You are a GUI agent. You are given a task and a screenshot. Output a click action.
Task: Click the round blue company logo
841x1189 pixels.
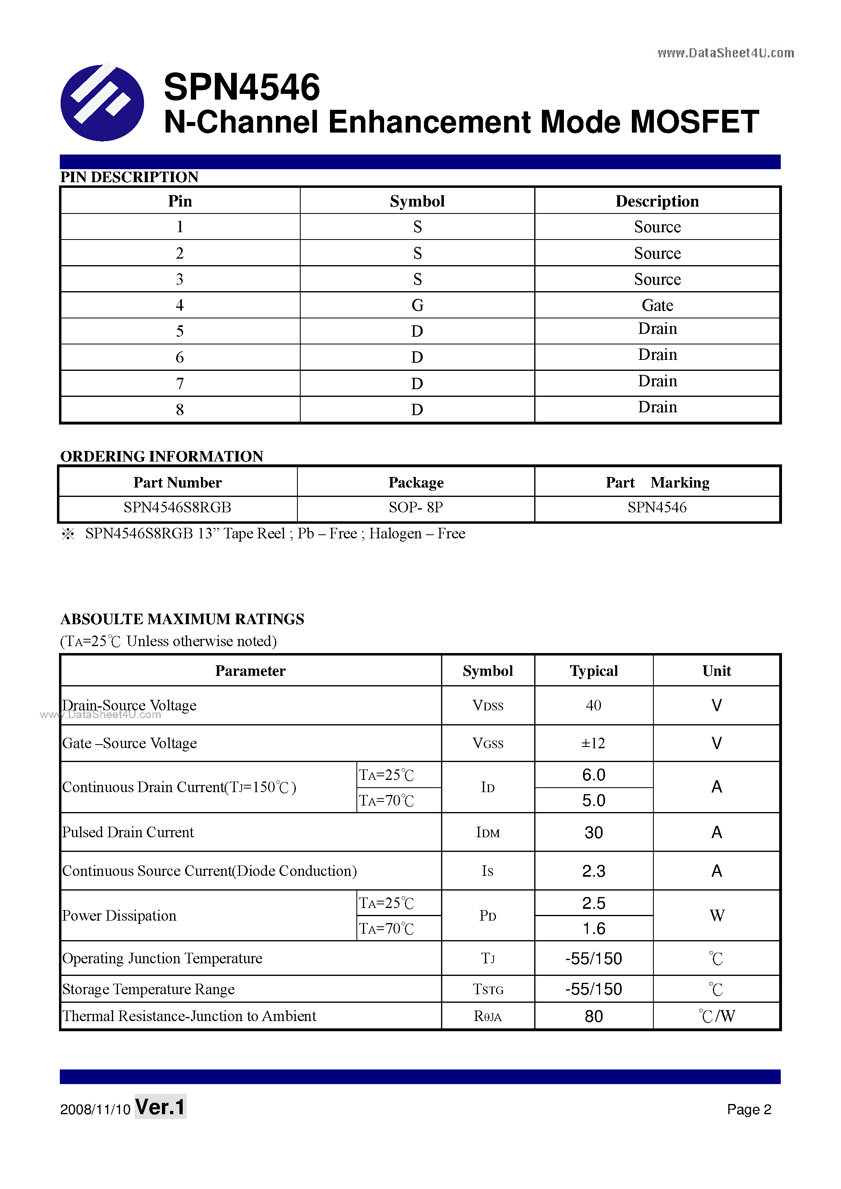click(102, 102)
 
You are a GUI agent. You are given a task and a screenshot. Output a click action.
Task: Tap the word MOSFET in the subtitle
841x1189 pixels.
click(695, 122)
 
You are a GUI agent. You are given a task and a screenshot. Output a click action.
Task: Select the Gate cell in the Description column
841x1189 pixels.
click(657, 305)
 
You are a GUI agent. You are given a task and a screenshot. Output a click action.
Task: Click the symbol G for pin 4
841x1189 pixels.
click(417, 305)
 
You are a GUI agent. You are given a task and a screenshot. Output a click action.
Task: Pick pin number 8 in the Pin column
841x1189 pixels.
click(180, 409)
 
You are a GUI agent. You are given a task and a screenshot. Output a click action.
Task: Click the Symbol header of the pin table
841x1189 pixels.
click(417, 201)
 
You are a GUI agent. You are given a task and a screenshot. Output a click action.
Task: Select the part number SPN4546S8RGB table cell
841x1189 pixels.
click(177, 507)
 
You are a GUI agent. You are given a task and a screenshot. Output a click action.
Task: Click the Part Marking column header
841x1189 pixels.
click(657, 483)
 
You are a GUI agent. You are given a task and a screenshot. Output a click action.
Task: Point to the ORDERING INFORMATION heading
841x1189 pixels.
click(162, 456)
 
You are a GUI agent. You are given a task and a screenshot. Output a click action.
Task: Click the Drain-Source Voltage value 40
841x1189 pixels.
click(593, 706)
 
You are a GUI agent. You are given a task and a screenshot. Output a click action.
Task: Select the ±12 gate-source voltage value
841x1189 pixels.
click(593, 743)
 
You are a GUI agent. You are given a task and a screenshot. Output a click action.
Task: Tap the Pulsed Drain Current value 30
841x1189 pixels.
click(593, 832)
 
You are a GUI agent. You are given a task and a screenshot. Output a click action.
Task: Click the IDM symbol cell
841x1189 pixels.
click(487, 832)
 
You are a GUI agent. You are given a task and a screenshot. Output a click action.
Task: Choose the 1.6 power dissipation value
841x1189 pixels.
click(593, 928)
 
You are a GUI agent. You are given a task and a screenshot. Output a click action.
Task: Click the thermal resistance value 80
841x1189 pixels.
click(593, 1016)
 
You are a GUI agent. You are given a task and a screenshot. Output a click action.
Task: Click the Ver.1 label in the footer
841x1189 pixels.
click(160, 1107)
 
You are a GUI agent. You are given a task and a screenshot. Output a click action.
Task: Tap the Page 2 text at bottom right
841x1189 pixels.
click(749, 1109)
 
